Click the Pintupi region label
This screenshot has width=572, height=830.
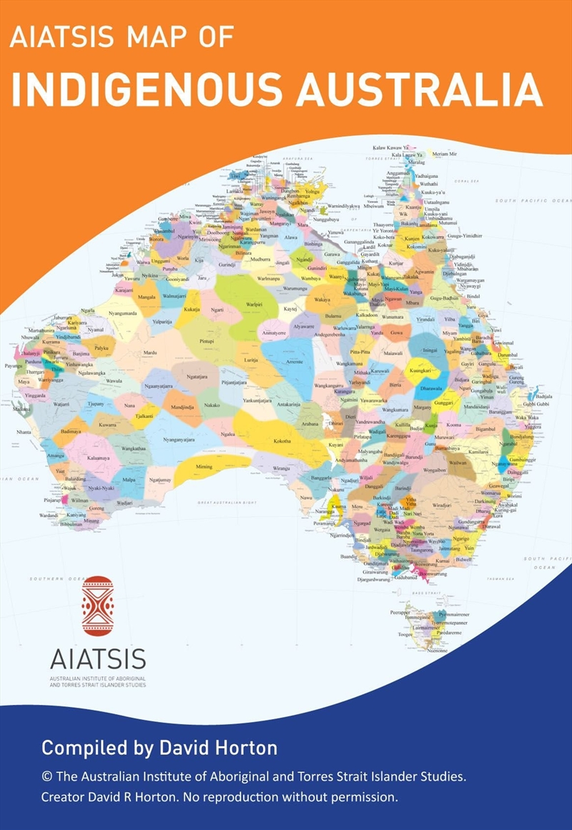(206, 342)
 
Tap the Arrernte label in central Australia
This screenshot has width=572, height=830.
(295, 362)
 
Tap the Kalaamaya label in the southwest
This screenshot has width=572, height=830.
(98, 457)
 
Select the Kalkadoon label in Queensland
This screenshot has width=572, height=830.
(366, 315)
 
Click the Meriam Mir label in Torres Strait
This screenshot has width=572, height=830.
(444, 154)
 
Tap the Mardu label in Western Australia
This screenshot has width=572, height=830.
(149, 352)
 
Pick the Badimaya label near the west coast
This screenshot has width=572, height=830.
(71, 432)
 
